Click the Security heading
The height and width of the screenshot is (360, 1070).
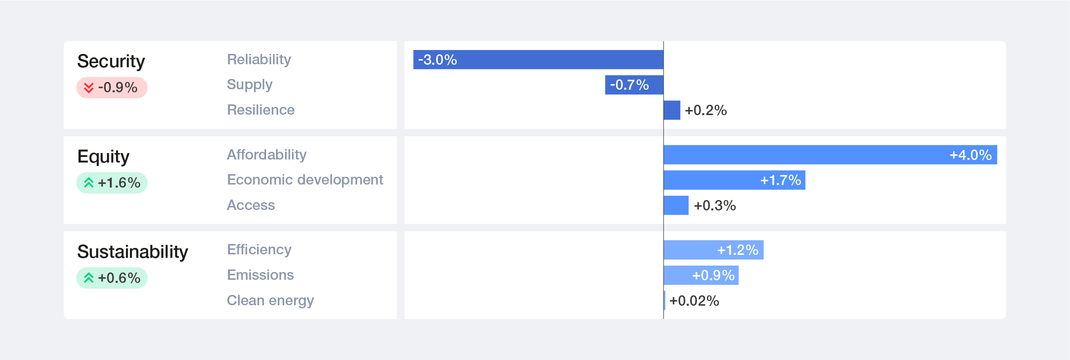(x=111, y=62)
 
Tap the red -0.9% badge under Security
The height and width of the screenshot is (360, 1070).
(x=112, y=88)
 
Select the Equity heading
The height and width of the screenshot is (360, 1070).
(x=103, y=157)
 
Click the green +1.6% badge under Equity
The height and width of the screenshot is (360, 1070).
(x=112, y=183)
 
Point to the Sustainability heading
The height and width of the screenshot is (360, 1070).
(x=132, y=252)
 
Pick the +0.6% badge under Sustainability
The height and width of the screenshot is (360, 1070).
(x=112, y=278)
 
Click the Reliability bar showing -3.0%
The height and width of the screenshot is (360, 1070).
(x=538, y=59)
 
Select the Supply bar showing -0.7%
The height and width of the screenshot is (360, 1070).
(x=634, y=85)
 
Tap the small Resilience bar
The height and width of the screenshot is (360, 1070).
(x=672, y=110)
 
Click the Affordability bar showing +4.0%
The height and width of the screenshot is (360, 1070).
(x=830, y=155)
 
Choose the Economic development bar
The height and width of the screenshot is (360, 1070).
(x=734, y=180)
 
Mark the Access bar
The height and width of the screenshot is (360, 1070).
(x=676, y=205)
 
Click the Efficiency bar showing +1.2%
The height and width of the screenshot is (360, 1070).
(x=714, y=250)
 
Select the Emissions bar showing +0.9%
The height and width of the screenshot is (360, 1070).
(x=701, y=275)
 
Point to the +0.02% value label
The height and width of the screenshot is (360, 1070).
(x=694, y=301)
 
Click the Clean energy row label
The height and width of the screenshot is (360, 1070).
(x=270, y=301)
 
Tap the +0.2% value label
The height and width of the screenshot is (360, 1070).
(x=706, y=110)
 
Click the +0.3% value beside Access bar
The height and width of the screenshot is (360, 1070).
(x=715, y=206)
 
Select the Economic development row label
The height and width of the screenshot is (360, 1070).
(x=305, y=180)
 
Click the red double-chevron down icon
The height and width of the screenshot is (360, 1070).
(x=89, y=88)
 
